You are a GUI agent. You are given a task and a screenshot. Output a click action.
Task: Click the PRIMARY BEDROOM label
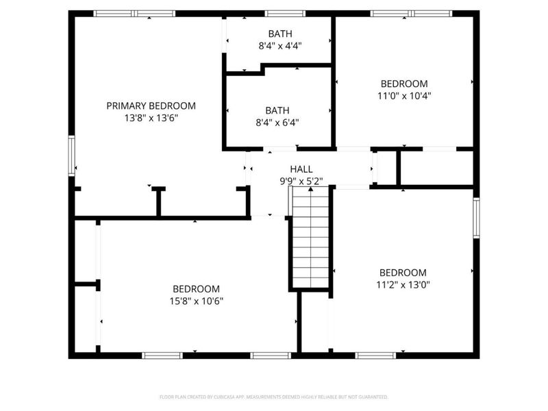pos(151,105)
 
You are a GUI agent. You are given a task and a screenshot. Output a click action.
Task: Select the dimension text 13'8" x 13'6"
pos(151,118)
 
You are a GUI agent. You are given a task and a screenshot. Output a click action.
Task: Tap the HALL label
pos(301,169)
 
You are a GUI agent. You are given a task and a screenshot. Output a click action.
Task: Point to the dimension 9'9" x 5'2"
pos(301,182)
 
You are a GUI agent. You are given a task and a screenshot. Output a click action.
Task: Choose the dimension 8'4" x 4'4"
pos(279,45)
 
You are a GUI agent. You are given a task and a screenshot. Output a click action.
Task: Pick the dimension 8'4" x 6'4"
pos(277,123)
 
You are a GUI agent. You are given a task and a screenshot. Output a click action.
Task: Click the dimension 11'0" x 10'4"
pos(404,96)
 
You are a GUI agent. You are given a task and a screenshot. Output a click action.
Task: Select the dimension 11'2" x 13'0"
pos(403,284)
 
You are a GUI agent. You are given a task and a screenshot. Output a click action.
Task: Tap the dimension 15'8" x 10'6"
pos(196,301)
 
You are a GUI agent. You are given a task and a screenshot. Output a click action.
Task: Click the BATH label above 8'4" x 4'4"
pos(279,33)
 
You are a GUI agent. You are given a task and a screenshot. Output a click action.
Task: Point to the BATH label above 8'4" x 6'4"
pos(277,110)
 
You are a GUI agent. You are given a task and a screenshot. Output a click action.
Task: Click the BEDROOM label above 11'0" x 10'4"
pos(404,84)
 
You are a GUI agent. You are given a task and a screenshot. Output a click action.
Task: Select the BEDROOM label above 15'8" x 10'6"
pos(196,288)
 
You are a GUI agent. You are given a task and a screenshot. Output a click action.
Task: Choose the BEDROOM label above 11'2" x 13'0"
pos(403,272)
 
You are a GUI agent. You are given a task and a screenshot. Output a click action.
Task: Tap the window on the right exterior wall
pos(476,218)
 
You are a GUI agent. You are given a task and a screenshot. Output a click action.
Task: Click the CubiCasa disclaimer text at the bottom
pos(274,397)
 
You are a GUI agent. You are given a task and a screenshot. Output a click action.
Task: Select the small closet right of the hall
pos(386,167)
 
